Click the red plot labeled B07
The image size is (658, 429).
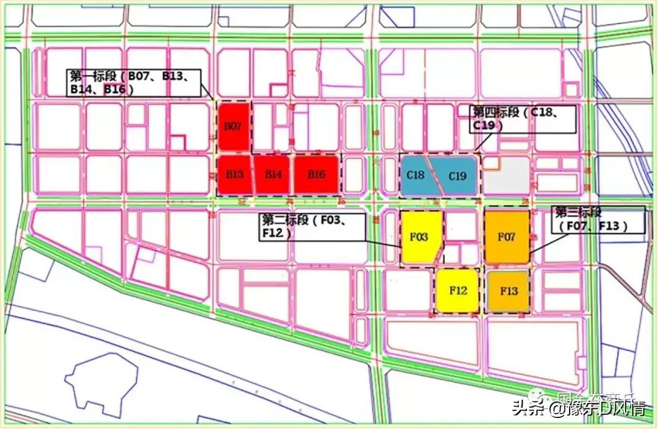pos(234,127)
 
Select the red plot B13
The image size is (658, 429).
pos(235,174)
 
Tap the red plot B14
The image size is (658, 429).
pos(272,174)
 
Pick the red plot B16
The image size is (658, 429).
pos(316,174)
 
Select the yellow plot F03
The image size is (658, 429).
pos(419,237)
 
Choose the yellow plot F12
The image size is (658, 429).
pos(457,291)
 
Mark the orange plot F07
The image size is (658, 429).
pos(507,237)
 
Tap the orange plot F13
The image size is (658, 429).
pos(508,291)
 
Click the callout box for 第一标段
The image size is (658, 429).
pos(133,82)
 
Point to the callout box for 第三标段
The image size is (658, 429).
pos(598,219)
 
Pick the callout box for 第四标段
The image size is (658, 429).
pos(524,119)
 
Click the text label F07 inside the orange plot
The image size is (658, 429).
pos(507,237)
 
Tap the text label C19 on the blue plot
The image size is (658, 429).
pos(458,177)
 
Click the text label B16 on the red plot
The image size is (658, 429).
pos(316,175)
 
